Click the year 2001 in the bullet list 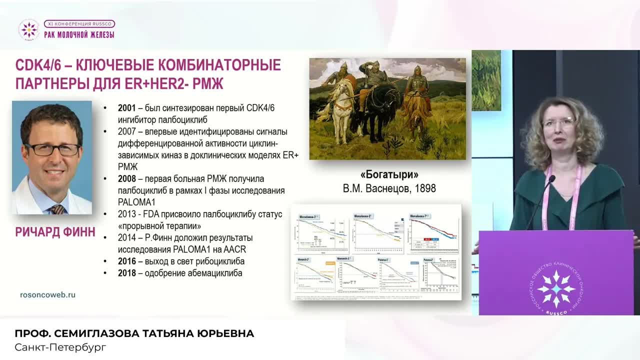tap(127, 108)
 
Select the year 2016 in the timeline tap(127, 261)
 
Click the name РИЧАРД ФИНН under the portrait tap(55, 232)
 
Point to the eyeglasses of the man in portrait tap(52, 149)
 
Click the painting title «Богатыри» tap(389, 174)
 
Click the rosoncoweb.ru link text tap(47, 294)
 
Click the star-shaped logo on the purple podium tap(555, 288)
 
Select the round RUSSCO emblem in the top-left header tap(28, 29)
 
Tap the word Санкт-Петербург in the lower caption tap(60, 347)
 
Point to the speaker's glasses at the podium tap(559, 121)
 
